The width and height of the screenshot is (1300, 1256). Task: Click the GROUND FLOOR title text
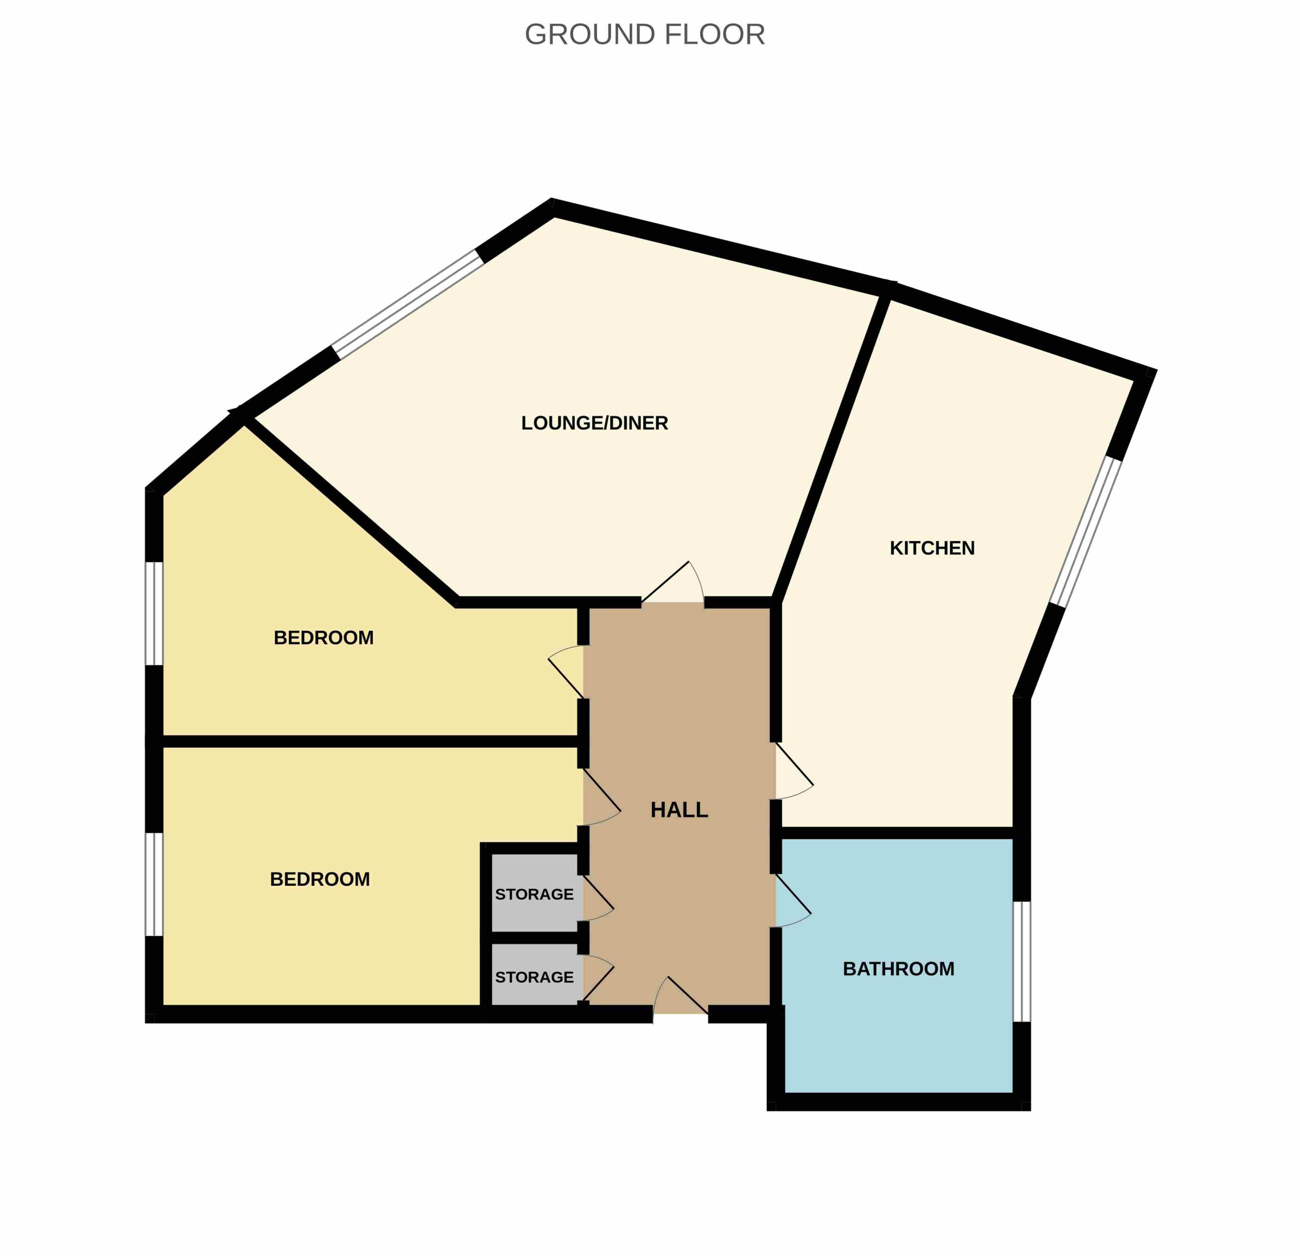point(645,34)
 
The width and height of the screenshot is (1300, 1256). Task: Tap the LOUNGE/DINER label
point(594,423)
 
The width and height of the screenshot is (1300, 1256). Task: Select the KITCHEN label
point(932,548)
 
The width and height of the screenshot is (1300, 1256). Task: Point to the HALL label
point(679,810)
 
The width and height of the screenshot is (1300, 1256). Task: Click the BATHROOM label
point(899,969)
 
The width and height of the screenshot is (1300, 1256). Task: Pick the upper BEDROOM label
point(324,638)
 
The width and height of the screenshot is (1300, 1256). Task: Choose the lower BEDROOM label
point(320,879)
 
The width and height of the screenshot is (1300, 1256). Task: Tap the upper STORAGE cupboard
point(534,894)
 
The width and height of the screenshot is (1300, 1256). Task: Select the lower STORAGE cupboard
point(534,977)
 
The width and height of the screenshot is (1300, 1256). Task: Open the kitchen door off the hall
point(794,772)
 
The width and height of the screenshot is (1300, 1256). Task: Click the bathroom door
point(793,902)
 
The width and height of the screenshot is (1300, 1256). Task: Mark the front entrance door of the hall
point(681,996)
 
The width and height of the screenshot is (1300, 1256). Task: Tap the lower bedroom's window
point(154,885)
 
